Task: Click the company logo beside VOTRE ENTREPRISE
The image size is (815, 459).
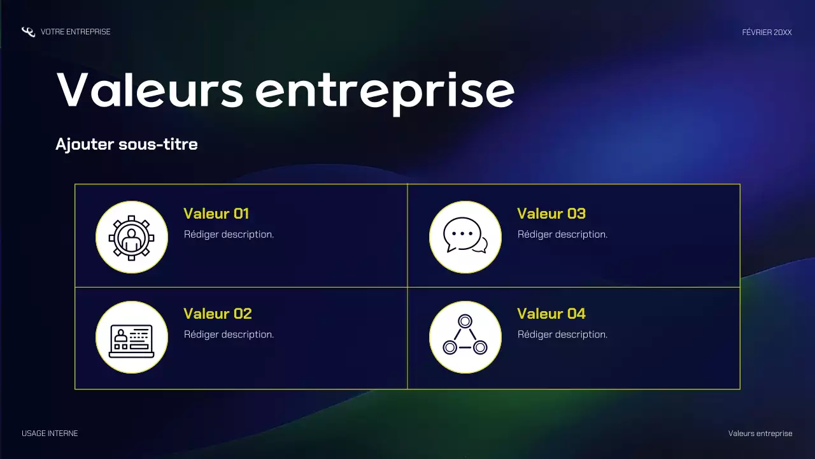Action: click(x=28, y=32)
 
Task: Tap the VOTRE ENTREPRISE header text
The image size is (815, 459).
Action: click(x=75, y=32)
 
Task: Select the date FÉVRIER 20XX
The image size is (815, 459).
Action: click(x=767, y=33)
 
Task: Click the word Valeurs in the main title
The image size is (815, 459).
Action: click(x=150, y=90)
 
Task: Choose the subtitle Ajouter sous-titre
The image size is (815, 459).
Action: click(x=127, y=144)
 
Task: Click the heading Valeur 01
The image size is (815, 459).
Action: click(x=216, y=214)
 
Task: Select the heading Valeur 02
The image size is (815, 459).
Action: click(x=218, y=314)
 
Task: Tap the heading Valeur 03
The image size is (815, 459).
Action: click(x=551, y=214)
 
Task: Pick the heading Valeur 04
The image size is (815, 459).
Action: click(x=551, y=314)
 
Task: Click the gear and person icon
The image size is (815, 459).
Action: click(x=132, y=237)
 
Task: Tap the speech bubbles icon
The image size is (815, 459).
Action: click(x=465, y=237)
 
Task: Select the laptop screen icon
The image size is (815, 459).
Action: click(x=132, y=337)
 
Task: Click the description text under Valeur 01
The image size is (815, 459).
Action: click(x=229, y=234)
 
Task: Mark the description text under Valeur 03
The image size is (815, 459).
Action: click(x=562, y=234)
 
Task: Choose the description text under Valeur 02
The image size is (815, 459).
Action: click(x=229, y=334)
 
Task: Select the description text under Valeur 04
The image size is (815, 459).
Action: click(x=562, y=334)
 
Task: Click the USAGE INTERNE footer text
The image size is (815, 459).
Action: click(x=50, y=433)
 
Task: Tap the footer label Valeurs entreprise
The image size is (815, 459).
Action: click(x=760, y=433)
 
